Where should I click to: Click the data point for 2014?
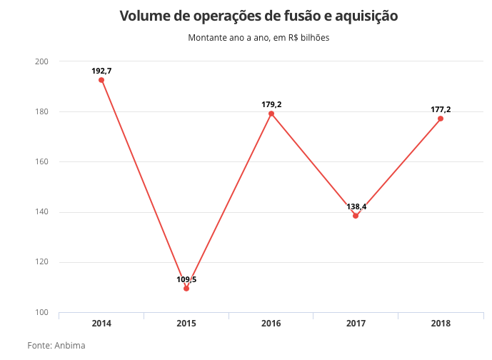click(x=101, y=80)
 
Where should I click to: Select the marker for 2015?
click(x=186, y=289)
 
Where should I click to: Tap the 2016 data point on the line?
click(x=271, y=114)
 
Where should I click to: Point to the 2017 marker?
click(x=356, y=216)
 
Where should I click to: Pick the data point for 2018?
click(x=441, y=119)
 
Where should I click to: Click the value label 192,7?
click(x=101, y=71)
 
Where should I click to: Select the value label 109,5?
click(x=186, y=279)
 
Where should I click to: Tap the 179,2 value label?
click(x=271, y=104)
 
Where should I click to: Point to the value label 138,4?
click(x=356, y=206)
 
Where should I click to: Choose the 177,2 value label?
click(x=441, y=109)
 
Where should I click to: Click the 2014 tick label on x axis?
click(x=101, y=324)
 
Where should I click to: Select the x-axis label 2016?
click(x=271, y=324)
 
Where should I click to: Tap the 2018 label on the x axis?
click(x=441, y=324)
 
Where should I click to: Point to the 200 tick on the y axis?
click(x=41, y=61)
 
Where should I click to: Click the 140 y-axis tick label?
click(x=41, y=212)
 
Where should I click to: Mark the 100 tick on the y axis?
click(x=41, y=312)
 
